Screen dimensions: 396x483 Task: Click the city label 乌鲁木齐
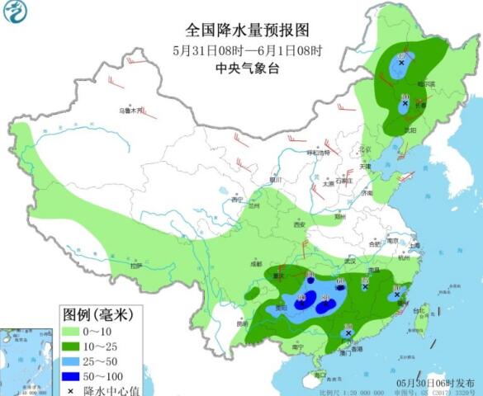(x=130, y=109)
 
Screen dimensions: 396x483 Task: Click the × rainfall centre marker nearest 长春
(x=405, y=103)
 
